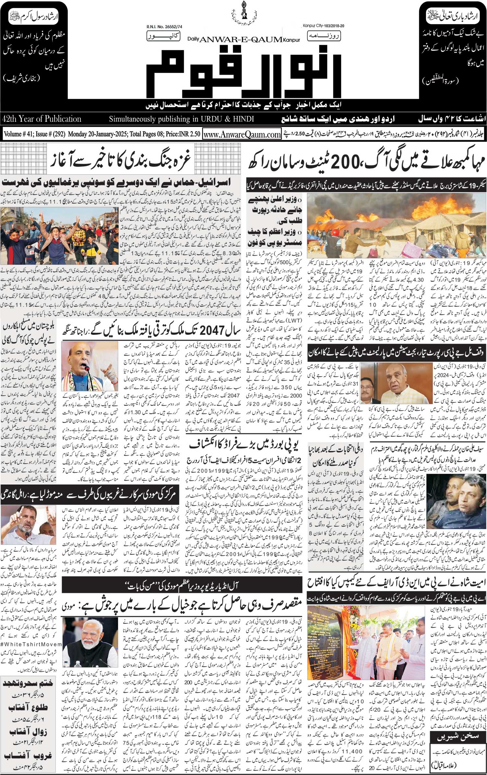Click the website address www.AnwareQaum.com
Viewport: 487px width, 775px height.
pyautogui.click(x=242, y=134)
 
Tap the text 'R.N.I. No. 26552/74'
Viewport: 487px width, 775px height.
pyautogui.click(x=162, y=27)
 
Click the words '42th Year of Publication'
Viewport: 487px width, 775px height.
pyautogui.click(x=41, y=119)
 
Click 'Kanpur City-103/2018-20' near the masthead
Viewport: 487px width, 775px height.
pyautogui.click(x=323, y=25)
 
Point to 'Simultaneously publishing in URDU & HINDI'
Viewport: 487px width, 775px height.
pyautogui.click(x=181, y=119)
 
